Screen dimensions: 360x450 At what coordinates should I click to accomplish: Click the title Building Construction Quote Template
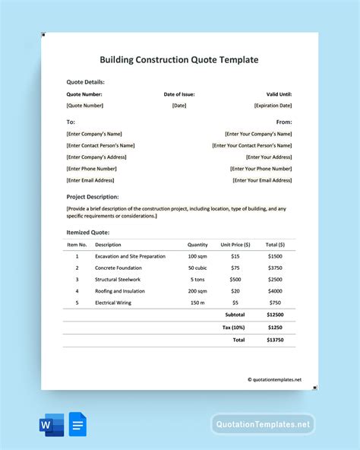tap(179, 59)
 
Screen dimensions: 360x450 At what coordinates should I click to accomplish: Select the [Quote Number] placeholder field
tap(85, 106)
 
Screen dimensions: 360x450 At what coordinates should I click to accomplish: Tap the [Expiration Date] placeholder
tap(273, 106)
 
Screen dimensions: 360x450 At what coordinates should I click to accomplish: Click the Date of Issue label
tap(179, 94)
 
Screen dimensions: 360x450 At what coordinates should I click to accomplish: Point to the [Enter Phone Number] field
tap(92, 169)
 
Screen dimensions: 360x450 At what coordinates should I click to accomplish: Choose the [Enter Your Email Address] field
tap(262, 180)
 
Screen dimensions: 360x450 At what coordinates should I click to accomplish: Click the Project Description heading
tap(93, 197)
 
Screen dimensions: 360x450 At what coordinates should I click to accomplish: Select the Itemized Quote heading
tap(88, 232)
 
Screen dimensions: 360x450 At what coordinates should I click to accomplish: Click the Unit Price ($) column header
tap(235, 245)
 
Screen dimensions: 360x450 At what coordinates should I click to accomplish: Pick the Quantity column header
tap(197, 245)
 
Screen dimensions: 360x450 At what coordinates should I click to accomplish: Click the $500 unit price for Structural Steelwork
tap(235, 279)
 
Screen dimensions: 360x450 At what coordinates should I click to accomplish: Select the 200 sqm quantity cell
tap(197, 290)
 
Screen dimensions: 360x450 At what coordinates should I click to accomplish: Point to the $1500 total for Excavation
tap(275, 256)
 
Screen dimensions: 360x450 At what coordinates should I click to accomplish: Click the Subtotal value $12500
tap(275, 315)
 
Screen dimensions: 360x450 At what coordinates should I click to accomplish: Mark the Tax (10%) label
tap(233, 327)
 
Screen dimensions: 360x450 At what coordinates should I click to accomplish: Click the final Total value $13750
tap(275, 340)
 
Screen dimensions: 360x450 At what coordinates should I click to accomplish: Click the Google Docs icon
tap(78, 424)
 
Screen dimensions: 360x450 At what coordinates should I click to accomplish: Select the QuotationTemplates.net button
tap(263, 424)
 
